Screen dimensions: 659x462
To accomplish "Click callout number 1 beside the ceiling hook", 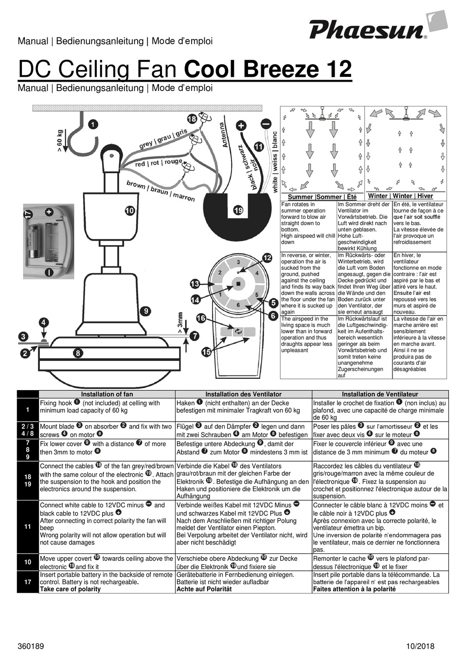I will [92, 125].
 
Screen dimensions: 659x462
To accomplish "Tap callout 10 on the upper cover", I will [129, 211].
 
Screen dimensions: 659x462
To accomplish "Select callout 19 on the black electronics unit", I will [238, 211].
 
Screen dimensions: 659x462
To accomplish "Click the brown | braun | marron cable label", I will [160, 191].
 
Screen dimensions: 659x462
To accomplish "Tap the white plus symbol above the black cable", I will [241, 126].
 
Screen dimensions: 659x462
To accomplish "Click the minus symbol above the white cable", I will [266, 124].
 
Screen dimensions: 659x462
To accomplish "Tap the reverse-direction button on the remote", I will [238, 331].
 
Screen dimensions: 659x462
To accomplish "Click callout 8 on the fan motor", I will [78, 353].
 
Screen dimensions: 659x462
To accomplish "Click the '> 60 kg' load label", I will [60, 141].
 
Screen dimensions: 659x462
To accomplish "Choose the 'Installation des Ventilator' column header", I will [243, 394].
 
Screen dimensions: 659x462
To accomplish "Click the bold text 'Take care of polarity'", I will [70, 589].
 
